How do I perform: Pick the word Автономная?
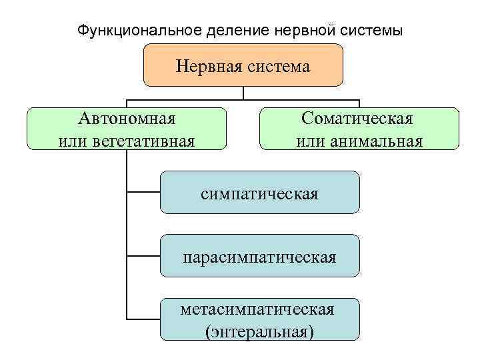[x=127, y=119]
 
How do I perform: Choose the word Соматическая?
[x=357, y=119]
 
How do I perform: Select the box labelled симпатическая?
[x=260, y=193]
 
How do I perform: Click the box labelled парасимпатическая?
[x=260, y=256]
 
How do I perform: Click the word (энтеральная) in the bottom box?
[x=259, y=331]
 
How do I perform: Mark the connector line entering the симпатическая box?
[x=143, y=193]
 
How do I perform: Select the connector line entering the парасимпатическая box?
[x=143, y=255]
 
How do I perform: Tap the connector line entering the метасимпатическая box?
[x=143, y=319]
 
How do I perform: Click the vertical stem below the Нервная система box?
[x=244, y=93]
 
